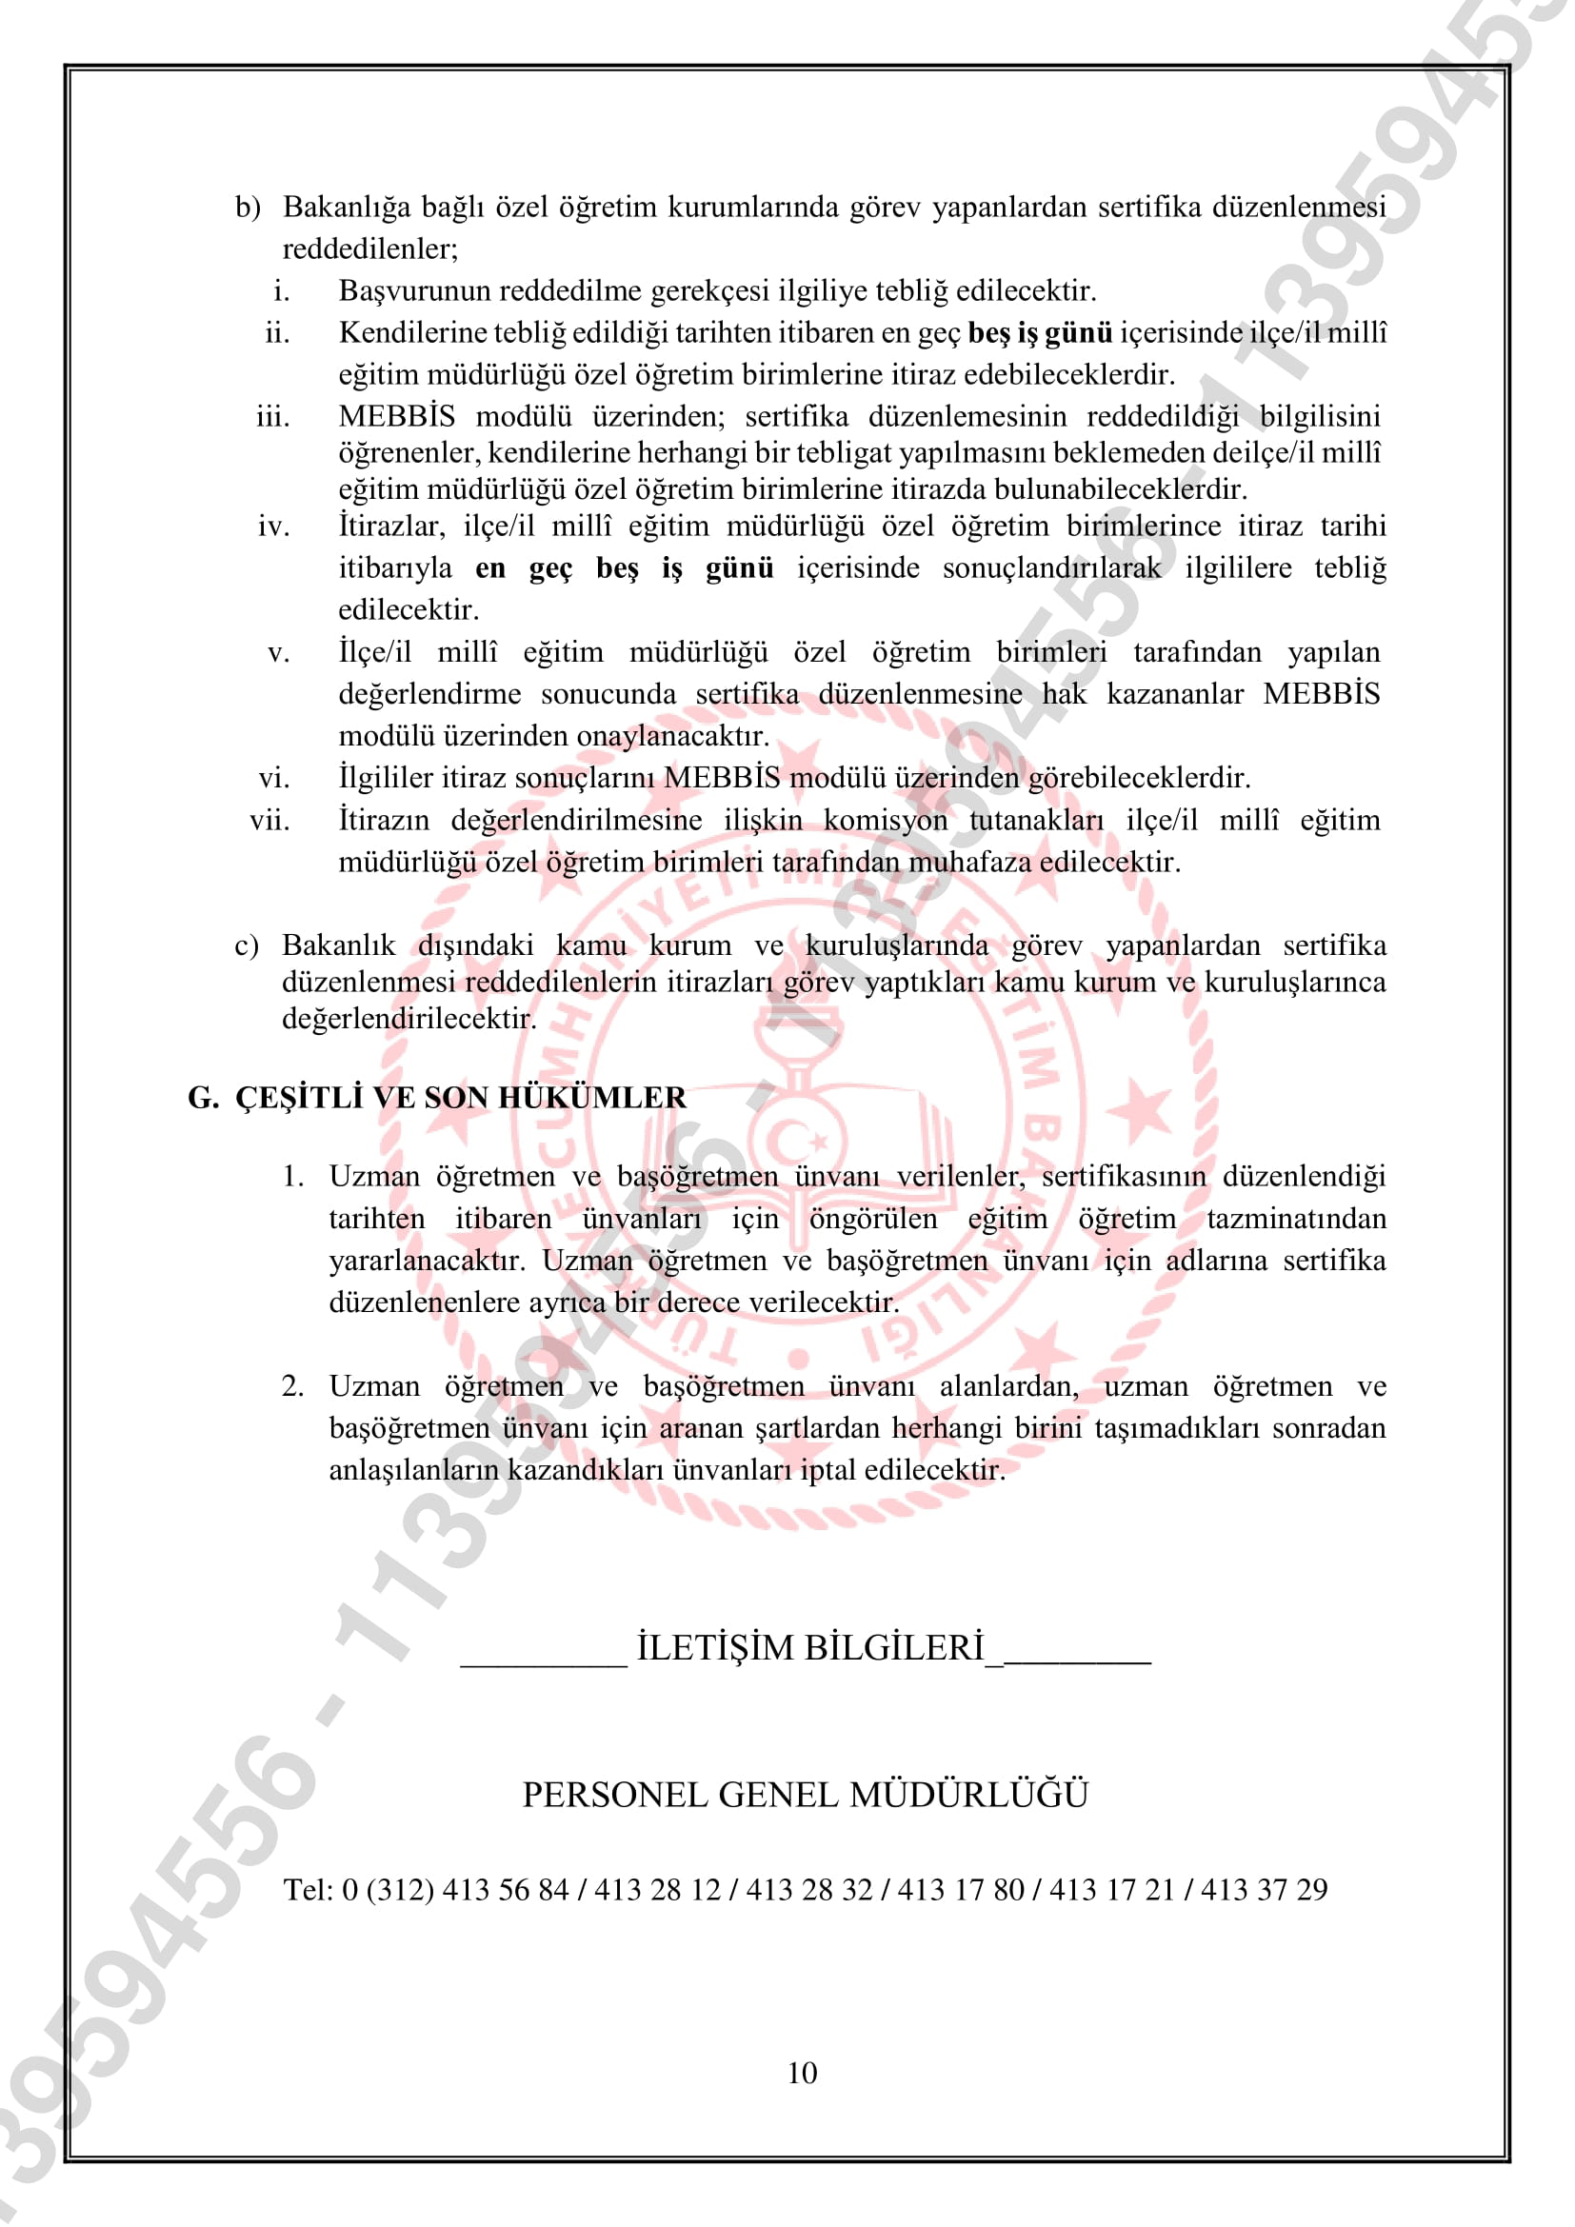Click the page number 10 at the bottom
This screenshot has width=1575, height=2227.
(802, 2073)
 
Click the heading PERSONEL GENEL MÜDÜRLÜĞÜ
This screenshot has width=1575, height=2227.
(805, 1796)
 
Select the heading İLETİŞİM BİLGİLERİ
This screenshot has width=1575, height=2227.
(809, 1648)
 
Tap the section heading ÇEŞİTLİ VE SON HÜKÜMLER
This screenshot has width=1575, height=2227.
(461, 1098)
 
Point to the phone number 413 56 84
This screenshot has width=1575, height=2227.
(506, 1889)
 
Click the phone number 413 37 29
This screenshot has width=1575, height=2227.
(1264, 1889)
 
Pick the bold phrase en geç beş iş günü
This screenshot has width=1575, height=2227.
(625, 567)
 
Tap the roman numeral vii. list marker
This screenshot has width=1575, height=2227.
(269, 821)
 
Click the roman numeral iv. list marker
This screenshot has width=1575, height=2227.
(273, 527)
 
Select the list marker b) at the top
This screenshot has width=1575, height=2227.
(249, 208)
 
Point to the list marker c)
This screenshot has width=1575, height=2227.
(248, 945)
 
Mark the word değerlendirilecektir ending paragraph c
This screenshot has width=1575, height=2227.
(409, 1019)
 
